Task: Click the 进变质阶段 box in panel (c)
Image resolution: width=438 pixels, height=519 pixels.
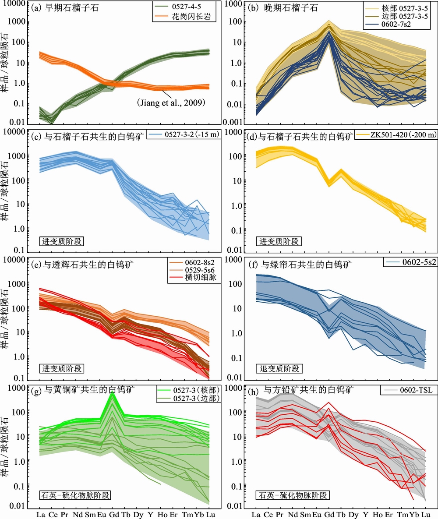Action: tap(60, 241)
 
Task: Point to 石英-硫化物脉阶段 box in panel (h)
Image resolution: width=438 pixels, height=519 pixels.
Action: tap(293, 495)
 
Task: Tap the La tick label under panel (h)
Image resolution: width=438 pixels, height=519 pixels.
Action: tap(256, 513)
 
